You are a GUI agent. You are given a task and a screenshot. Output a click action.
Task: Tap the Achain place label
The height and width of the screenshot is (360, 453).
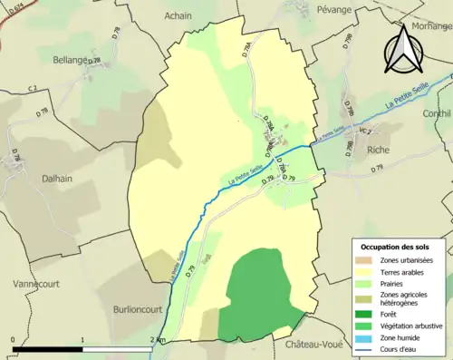click(178, 15)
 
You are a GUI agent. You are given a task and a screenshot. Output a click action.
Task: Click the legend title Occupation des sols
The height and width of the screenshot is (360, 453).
click(397, 247)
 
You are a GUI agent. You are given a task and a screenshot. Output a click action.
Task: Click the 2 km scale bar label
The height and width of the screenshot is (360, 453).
click(159, 340)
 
